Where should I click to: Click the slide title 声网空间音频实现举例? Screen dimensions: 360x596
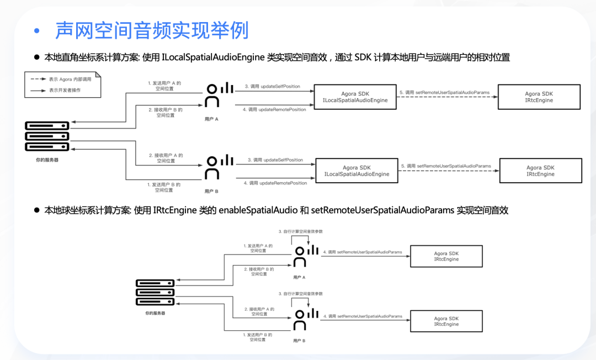152,30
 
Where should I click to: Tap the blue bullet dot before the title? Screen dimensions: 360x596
37,31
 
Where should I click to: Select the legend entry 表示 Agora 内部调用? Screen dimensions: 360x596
69,79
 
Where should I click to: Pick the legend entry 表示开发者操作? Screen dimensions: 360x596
64,89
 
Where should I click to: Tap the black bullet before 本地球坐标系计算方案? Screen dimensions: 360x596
37,210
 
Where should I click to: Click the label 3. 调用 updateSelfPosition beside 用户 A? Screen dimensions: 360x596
273,86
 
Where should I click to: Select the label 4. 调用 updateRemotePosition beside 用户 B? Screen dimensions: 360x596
275,183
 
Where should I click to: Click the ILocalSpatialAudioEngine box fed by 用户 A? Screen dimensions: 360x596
355,97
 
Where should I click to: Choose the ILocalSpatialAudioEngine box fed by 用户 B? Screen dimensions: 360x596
356,171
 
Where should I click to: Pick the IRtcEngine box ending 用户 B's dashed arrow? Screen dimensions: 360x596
540,171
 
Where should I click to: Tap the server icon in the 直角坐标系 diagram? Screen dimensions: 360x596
47,136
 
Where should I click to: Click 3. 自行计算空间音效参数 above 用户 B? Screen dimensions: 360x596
301,294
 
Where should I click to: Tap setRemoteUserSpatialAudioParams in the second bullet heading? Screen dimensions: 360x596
382,210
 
